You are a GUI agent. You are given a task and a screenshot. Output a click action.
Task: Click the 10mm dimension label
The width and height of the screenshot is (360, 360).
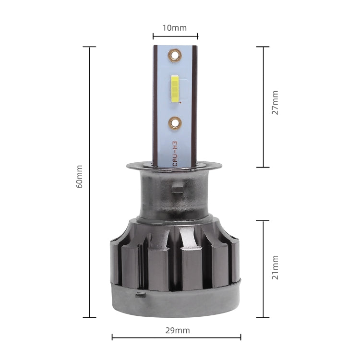coord(175,27)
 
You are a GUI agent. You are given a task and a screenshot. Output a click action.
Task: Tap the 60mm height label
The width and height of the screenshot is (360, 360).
coord(80,177)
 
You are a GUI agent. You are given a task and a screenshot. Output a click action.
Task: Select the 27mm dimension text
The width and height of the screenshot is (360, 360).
coord(275,102)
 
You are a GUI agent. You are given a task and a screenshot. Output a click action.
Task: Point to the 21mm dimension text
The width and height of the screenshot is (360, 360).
coord(275,268)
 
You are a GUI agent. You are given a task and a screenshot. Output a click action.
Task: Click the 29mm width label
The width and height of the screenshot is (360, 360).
coord(176,330)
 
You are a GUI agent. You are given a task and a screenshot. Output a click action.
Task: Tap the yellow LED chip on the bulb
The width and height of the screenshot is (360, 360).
coord(175,89)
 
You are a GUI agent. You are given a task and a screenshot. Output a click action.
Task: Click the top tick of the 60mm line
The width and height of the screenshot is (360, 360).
coord(89,47)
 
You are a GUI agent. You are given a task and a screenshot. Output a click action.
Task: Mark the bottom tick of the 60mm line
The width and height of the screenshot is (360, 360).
coord(89,317)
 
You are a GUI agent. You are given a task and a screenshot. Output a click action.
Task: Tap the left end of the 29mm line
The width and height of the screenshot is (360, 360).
coord(112,337)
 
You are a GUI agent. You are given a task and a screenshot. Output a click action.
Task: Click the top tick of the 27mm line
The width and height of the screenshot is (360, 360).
coord(263,47)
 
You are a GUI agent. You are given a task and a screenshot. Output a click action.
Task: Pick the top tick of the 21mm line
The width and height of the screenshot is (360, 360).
coord(263,220)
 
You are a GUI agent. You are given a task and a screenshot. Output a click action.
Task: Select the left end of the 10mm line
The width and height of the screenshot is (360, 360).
coord(153,36)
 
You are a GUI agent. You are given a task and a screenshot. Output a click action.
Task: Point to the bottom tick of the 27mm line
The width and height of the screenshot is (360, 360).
coord(263,167)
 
